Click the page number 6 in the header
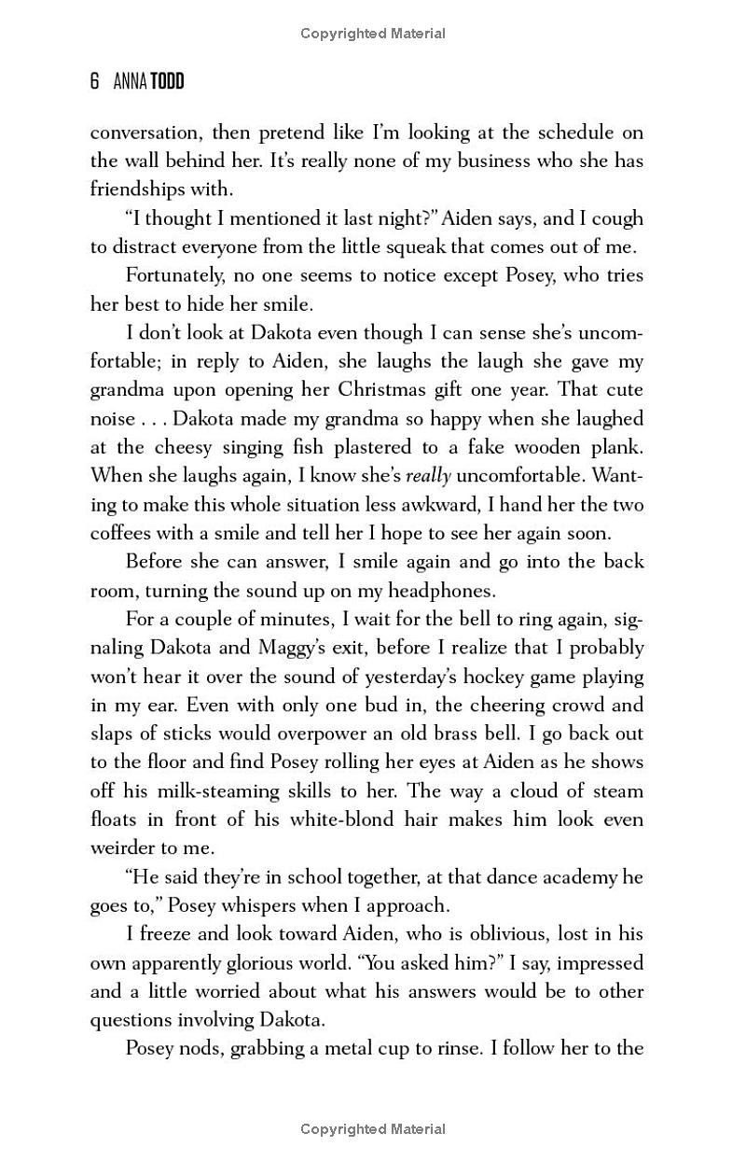(x=94, y=82)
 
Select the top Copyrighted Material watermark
(x=373, y=34)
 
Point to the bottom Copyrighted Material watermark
(x=373, y=1129)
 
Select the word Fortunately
(x=177, y=275)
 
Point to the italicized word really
(x=428, y=476)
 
